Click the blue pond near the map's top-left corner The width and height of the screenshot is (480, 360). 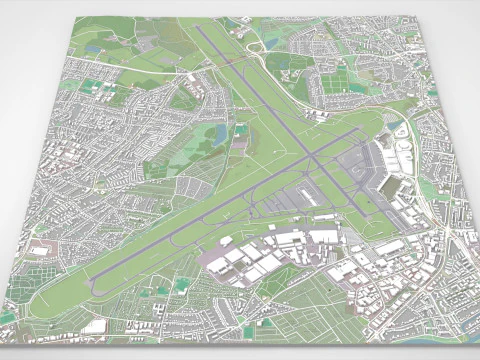point(93,49)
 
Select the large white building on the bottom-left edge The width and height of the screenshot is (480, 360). point(94,326)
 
